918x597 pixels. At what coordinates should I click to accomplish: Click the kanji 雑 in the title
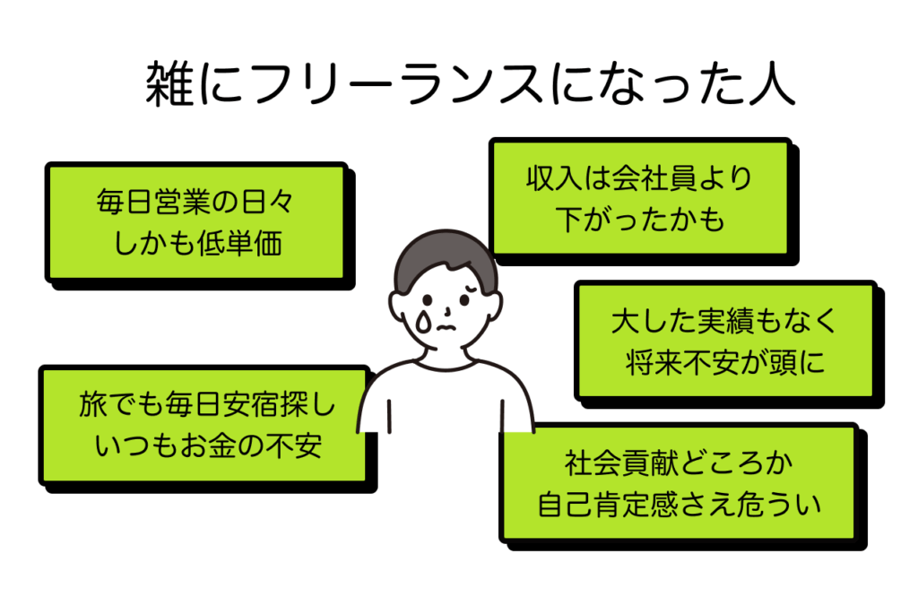click(x=168, y=83)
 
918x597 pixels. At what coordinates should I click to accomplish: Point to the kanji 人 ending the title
click(x=769, y=83)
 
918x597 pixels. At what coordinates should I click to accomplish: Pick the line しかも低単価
click(x=196, y=243)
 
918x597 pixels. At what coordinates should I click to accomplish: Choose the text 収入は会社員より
click(x=638, y=179)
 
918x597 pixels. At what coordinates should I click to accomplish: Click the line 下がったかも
click(x=638, y=220)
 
